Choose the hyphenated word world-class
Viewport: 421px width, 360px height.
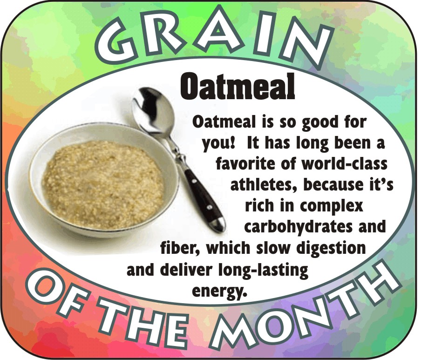[345, 164]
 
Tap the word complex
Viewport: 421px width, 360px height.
[331, 207]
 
